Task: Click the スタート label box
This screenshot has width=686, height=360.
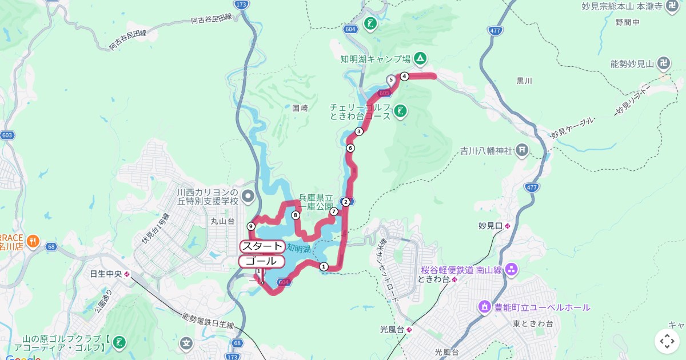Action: [x=262, y=246]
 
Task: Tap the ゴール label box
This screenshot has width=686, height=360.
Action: [x=261, y=262]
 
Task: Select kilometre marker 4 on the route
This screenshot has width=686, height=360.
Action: [x=404, y=76]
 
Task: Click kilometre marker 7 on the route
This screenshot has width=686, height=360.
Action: [x=334, y=211]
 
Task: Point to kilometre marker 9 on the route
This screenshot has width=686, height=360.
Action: [x=251, y=226]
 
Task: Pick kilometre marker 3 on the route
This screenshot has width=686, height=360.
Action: [x=359, y=131]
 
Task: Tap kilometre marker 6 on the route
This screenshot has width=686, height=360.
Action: [x=350, y=148]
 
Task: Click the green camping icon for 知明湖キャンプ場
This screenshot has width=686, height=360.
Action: [x=420, y=58]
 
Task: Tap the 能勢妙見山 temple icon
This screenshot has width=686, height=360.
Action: [x=664, y=63]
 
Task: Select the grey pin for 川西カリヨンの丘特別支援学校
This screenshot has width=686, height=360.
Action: [x=248, y=197]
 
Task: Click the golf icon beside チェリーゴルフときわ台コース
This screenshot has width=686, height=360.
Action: [x=400, y=111]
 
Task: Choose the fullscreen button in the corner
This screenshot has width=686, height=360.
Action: [x=667, y=341]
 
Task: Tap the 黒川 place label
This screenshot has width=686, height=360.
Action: [x=524, y=81]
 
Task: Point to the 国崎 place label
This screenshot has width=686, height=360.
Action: [x=300, y=107]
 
